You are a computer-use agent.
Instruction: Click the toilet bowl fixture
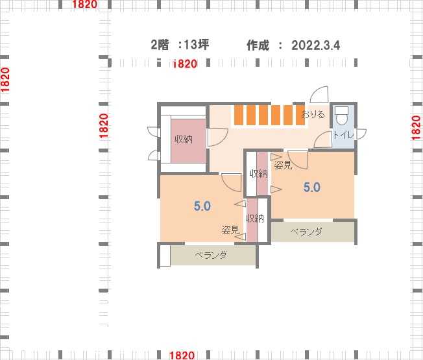[341, 115]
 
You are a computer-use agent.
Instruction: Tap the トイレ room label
[343, 135]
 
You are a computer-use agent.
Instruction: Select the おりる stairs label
[313, 115]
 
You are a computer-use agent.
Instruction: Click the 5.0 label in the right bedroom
[312, 187]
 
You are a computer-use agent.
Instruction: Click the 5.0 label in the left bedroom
[202, 206]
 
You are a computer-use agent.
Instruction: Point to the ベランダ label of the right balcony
[306, 232]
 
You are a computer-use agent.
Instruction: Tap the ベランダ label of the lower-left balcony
[211, 255]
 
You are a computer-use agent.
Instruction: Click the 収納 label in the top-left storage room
[184, 139]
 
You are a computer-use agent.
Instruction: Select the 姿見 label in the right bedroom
[283, 165]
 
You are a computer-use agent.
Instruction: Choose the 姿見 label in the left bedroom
[230, 230]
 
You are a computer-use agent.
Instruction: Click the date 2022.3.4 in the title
[316, 45]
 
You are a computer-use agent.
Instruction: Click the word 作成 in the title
[258, 45]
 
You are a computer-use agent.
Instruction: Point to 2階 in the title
[160, 45]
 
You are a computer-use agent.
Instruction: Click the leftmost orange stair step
[239, 115]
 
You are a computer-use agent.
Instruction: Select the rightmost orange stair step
[300, 115]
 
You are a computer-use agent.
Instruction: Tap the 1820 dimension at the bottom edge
[182, 355]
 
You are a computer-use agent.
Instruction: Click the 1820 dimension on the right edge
[417, 128]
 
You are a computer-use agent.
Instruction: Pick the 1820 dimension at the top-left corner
[85, 4]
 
